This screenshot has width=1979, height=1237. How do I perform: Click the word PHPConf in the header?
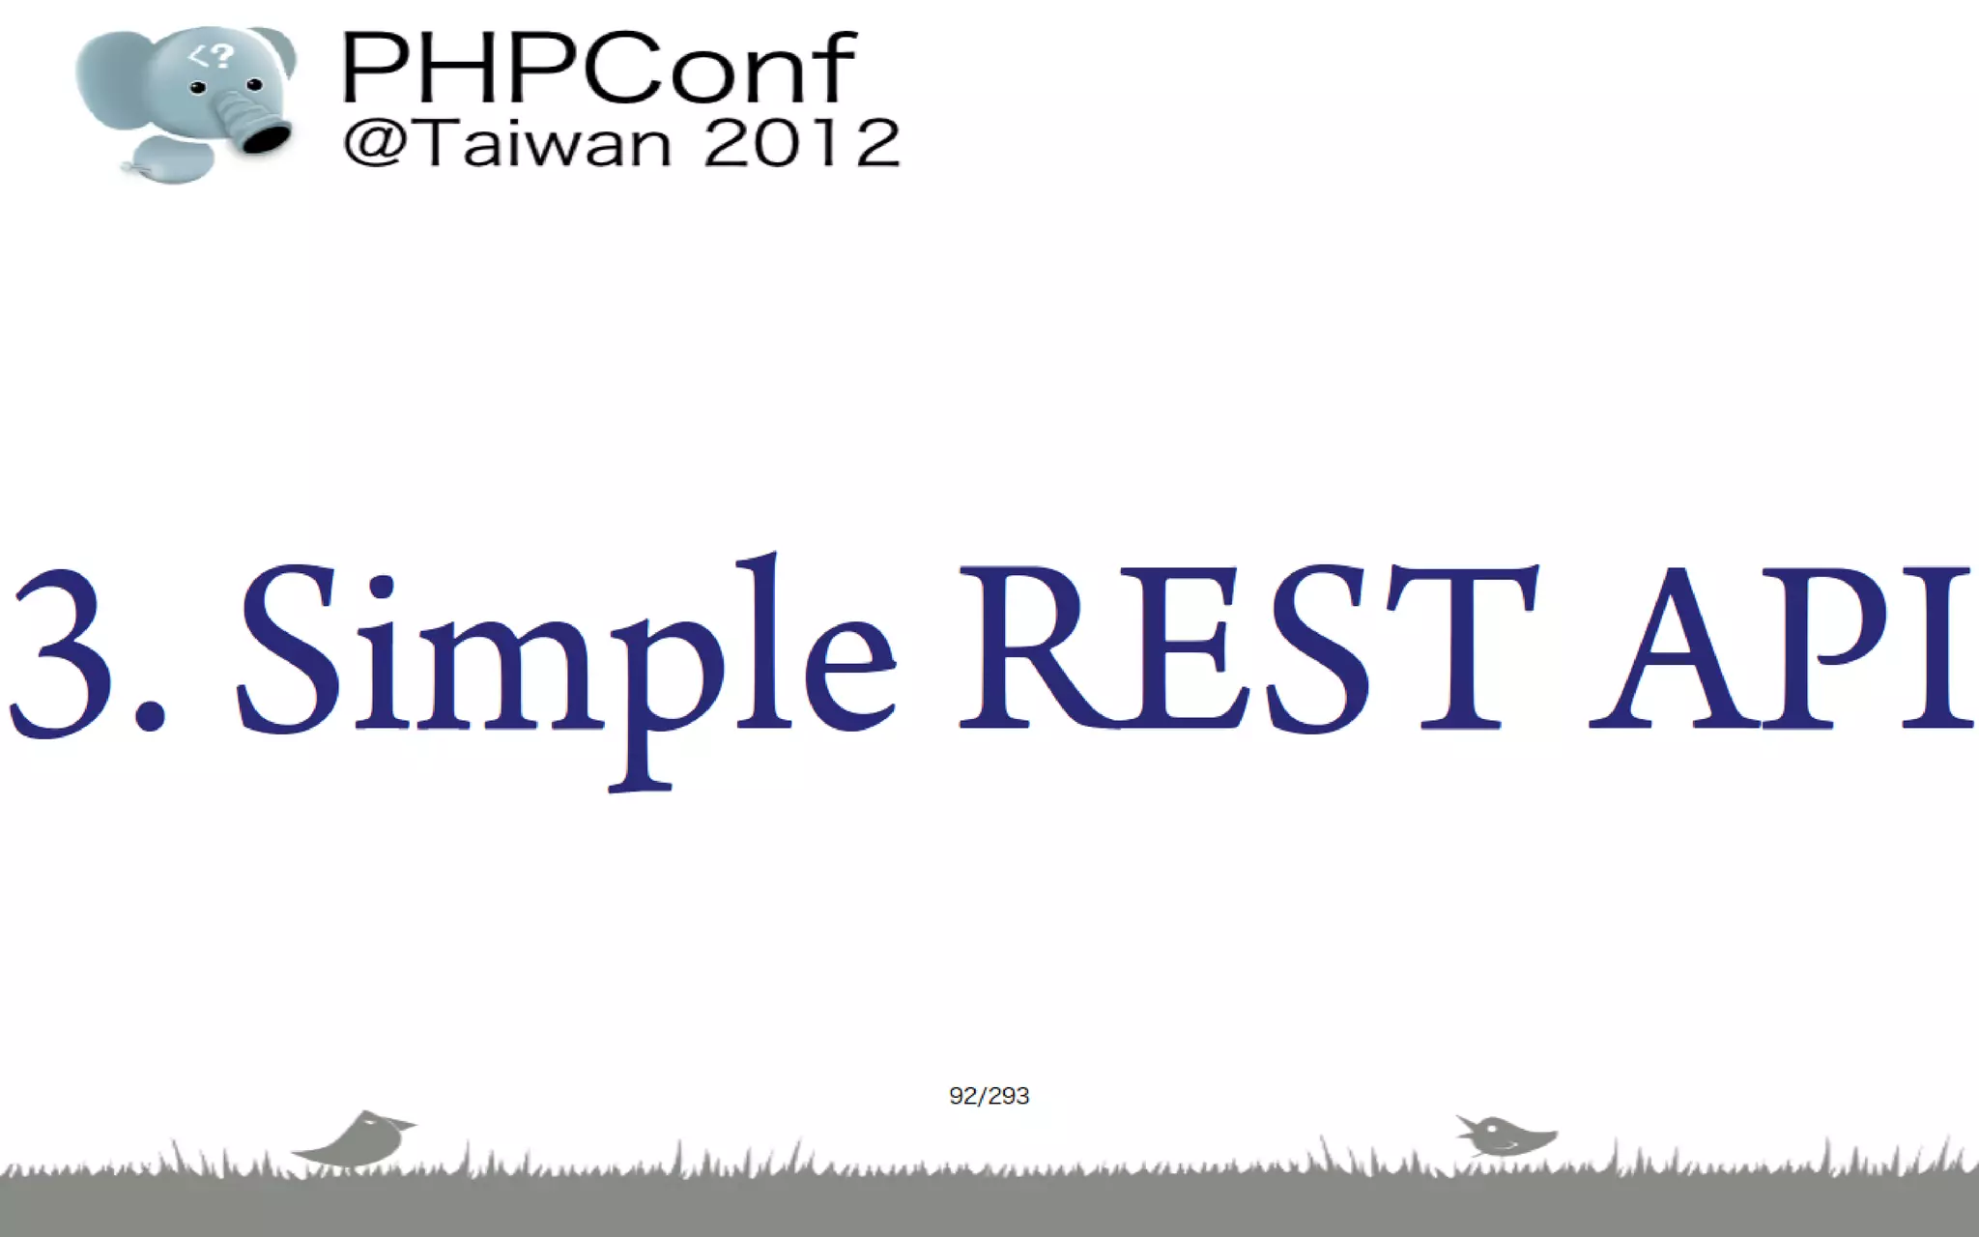(x=598, y=67)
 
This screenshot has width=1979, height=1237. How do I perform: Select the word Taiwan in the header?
(x=541, y=142)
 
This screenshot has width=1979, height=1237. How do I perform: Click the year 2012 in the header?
(x=801, y=143)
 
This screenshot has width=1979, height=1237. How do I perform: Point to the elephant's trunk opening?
(x=264, y=139)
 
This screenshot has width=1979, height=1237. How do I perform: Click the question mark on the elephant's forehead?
(x=221, y=55)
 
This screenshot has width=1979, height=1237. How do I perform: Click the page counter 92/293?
(x=989, y=1096)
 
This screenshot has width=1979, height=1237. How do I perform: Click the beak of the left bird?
(x=404, y=1125)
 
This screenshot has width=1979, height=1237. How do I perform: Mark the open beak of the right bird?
(x=1469, y=1126)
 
